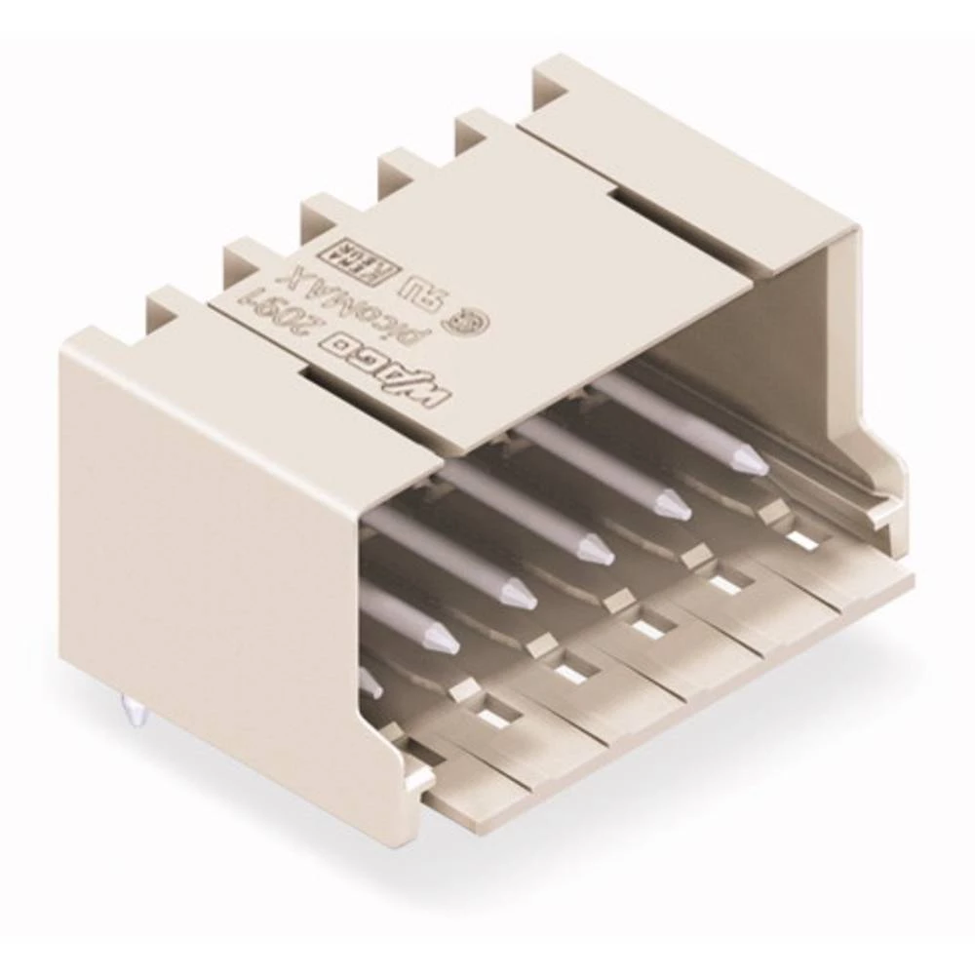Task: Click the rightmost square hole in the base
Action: coord(801,538)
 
